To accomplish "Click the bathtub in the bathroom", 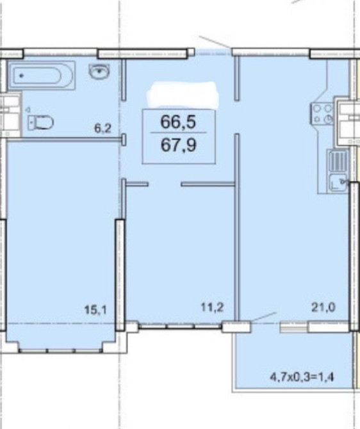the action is pos(42,75).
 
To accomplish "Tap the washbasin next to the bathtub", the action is pos(99,72).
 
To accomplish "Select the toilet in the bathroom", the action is pos(41,122).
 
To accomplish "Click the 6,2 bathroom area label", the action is pos(103,128).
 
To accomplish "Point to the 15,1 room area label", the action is pos(95,310).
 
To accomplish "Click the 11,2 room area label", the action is pos(212,307).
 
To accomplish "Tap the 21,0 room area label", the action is pos(323,307).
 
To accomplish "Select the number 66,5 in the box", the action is pos(178,122).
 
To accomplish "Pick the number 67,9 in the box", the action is pos(178,145).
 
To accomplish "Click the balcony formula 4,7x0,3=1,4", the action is pos(302,378).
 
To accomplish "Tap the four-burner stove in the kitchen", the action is pos(322,113).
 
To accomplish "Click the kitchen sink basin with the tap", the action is pos(338,182).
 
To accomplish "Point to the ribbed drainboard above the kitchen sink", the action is pos(337,161).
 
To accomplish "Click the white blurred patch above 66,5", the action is pos(183,94).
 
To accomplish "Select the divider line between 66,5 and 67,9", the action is pos(179,133).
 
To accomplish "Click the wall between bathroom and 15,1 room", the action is pos(64,140).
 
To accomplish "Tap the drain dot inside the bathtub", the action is pos(21,76).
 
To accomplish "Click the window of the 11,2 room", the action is pos(180,326).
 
